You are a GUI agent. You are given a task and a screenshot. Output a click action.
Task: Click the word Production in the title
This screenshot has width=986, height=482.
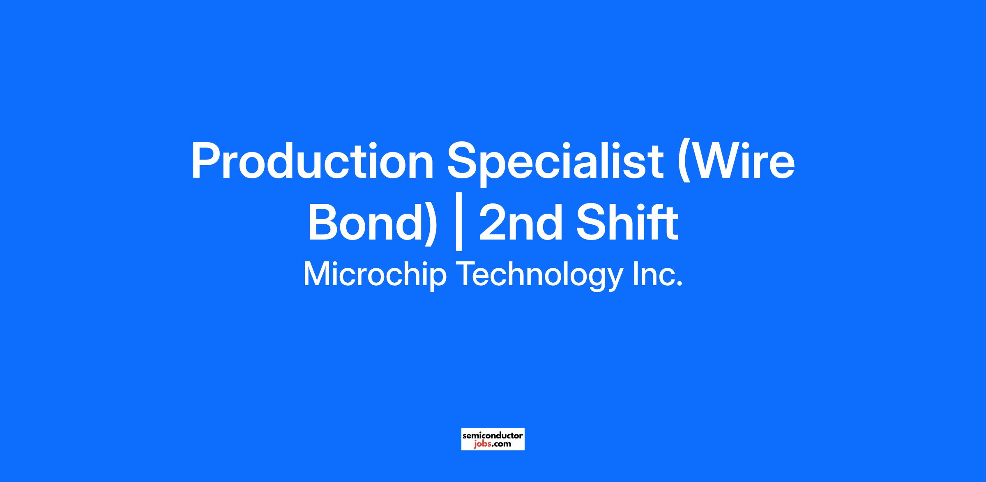click(x=313, y=161)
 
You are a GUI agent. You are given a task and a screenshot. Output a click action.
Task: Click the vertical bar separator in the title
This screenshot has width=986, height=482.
click(x=459, y=227)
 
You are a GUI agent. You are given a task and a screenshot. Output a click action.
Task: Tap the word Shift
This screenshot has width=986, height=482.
click(x=627, y=222)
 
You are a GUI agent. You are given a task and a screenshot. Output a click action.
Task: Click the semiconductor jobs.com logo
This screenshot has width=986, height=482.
click(x=493, y=439)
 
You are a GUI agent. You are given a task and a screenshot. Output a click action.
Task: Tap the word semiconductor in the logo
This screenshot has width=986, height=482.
click(x=493, y=435)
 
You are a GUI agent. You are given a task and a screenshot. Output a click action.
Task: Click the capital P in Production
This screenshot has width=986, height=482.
click(x=207, y=161)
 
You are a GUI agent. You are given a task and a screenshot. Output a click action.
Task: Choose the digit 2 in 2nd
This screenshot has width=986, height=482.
click(x=492, y=222)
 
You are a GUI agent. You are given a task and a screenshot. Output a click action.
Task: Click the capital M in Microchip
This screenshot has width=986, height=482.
click(x=317, y=274)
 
